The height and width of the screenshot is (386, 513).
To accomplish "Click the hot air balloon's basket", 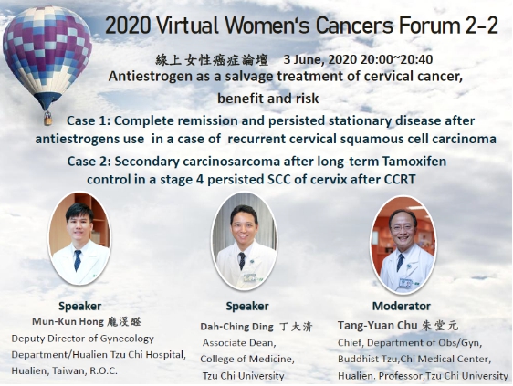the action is tap(47, 119).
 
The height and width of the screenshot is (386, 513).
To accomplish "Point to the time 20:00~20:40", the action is tap(397, 59).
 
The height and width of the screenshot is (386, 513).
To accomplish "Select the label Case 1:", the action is tap(89, 120).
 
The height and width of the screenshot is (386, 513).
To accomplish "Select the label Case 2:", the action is tap(89, 162).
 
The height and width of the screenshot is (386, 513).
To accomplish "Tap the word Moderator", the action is tap(402, 307).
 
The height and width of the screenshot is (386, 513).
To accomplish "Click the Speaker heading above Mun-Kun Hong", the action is tap(79, 307).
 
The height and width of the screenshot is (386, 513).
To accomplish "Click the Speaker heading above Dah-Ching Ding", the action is tap(247, 307).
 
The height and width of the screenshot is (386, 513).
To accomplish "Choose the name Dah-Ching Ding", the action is tap(236, 327).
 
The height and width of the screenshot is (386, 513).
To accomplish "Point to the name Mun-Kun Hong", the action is tap(68, 322).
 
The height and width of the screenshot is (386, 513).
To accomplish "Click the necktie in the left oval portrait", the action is tap(78, 260).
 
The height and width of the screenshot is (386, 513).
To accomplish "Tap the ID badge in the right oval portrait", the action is tap(404, 283).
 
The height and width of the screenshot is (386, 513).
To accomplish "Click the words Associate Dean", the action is tap(239, 343).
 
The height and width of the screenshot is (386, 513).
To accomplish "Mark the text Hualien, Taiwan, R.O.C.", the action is tap(65, 371).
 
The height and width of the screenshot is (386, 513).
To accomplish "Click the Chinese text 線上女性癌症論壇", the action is tap(212, 60).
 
